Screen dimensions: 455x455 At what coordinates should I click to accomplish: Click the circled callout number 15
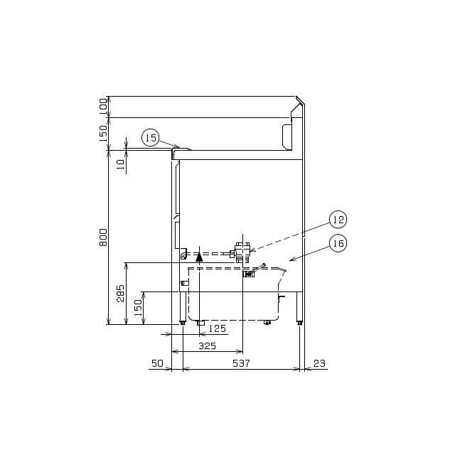click(x=150, y=137)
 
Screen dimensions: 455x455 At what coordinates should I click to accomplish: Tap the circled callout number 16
click(x=338, y=244)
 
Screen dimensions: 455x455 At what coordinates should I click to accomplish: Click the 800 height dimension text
click(x=102, y=237)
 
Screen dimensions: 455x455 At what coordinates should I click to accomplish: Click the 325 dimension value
click(x=207, y=346)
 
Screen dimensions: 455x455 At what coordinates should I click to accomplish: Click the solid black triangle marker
click(x=199, y=259)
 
